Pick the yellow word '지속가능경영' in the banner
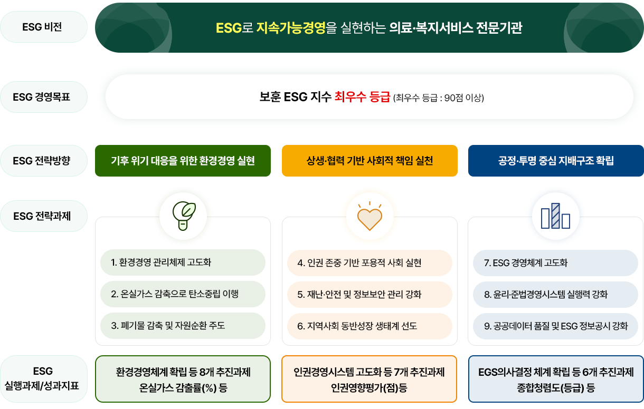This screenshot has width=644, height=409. [x=290, y=28]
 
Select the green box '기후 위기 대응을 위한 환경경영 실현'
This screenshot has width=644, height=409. [x=183, y=160]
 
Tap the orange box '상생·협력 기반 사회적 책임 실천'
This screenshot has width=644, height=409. [x=370, y=160]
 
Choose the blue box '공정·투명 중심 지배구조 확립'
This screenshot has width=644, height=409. [x=556, y=160]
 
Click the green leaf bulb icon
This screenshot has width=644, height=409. [x=183, y=216]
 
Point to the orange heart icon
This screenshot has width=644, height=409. [x=370, y=217]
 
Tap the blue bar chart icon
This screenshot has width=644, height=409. [x=555, y=216]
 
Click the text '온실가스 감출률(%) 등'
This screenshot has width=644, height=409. [x=183, y=389]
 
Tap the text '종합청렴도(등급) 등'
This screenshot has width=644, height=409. [x=556, y=389]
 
